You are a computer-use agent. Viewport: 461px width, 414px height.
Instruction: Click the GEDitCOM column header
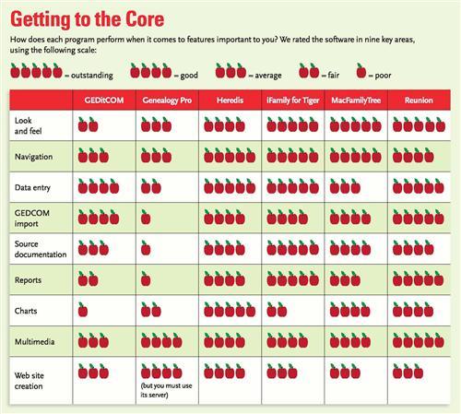click(x=104, y=101)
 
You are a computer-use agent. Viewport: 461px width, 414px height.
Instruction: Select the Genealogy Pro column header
click(x=167, y=101)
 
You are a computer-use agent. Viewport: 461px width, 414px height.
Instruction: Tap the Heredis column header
click(x=230, y=101)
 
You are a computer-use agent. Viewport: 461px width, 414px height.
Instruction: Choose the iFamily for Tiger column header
click(x=293, y=101)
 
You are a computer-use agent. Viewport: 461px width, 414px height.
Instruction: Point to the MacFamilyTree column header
click(x=356, y=101)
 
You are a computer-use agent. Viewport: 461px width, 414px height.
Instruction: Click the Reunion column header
click(x=419, y=101)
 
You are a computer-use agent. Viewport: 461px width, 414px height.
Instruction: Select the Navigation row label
click(x=34, y=157)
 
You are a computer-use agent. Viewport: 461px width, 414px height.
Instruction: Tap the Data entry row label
click(x=32, y=187)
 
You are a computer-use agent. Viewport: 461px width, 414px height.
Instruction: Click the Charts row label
click(x=26, y=311)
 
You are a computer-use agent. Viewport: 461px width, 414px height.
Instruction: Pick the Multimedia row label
click(x=35, y=341)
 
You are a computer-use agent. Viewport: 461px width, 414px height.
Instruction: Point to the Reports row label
click(x=28, y=280)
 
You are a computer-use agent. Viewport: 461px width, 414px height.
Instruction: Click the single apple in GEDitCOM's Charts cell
click(x=83, y=310)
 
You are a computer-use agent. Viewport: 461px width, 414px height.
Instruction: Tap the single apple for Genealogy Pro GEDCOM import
click(x=146, y=218)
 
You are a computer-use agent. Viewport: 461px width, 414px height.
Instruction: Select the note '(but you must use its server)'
click(x=166, y=390)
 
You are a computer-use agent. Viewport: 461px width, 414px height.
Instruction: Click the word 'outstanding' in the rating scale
click(x=92, y=76)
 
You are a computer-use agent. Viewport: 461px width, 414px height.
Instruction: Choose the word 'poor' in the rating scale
click(x=383, y=76)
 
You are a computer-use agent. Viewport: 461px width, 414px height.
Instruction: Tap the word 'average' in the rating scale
click(x=268, y=76)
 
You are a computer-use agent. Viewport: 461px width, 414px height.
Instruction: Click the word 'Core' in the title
click(x=145, y=19)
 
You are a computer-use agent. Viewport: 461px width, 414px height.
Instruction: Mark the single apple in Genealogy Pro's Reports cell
click(x=146, y=278)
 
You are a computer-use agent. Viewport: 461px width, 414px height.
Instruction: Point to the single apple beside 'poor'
click(x=361, y=71)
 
